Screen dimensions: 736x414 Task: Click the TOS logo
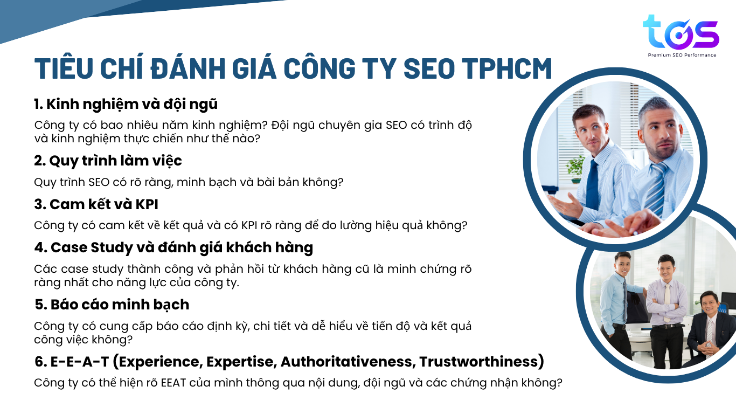[x=681, y=32]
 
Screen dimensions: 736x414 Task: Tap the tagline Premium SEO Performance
[x=682, y=55]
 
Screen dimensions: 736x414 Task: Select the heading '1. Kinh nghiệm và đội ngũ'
[x=126, y=104]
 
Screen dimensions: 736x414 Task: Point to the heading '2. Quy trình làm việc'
[x=108, y=161]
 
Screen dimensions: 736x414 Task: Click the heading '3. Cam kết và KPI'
[x=96, y=204]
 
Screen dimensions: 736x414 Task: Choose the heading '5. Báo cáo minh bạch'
[x=112, y=305]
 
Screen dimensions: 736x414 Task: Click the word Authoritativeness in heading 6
[x=346, y=361]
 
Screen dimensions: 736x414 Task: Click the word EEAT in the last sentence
[x=173, y=383]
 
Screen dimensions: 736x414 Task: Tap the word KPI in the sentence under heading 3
[x=249, y=225]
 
